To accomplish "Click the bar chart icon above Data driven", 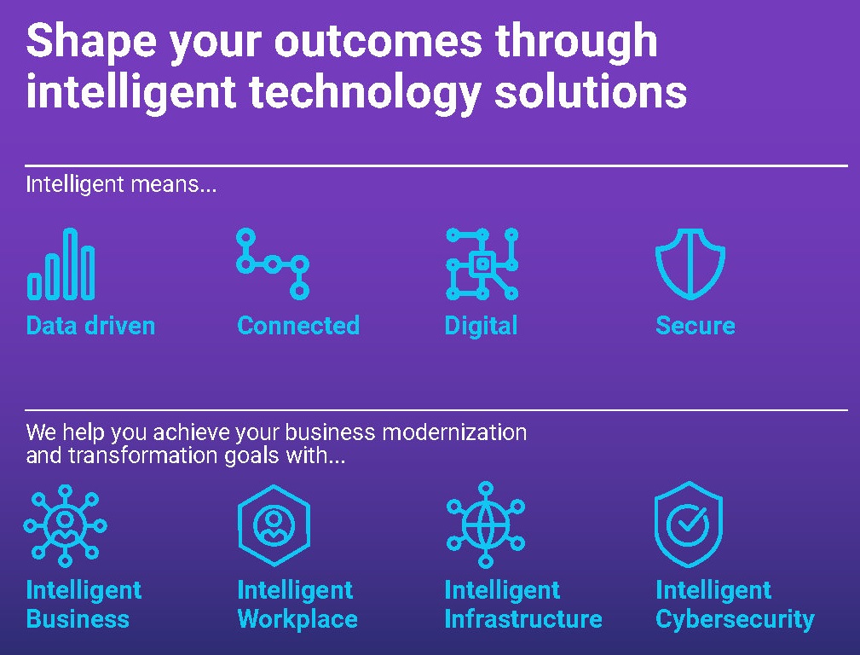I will point(61,264).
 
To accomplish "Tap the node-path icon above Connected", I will point(272,264).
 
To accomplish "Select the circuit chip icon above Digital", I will point(482,264).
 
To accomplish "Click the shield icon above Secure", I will point(690,264).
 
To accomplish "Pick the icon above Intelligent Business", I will point(65,526).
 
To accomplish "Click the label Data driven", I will point(90,326).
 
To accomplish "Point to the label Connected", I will point(298,326).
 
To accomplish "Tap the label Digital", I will point(481,326).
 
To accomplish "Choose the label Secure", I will point(696,326).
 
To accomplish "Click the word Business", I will point(78,619).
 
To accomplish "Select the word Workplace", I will point(297,619).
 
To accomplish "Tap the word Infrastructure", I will point(523,619).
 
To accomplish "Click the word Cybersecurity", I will point(735,619).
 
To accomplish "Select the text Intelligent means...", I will point(121,184).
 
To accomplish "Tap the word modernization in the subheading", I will point(453,432).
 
